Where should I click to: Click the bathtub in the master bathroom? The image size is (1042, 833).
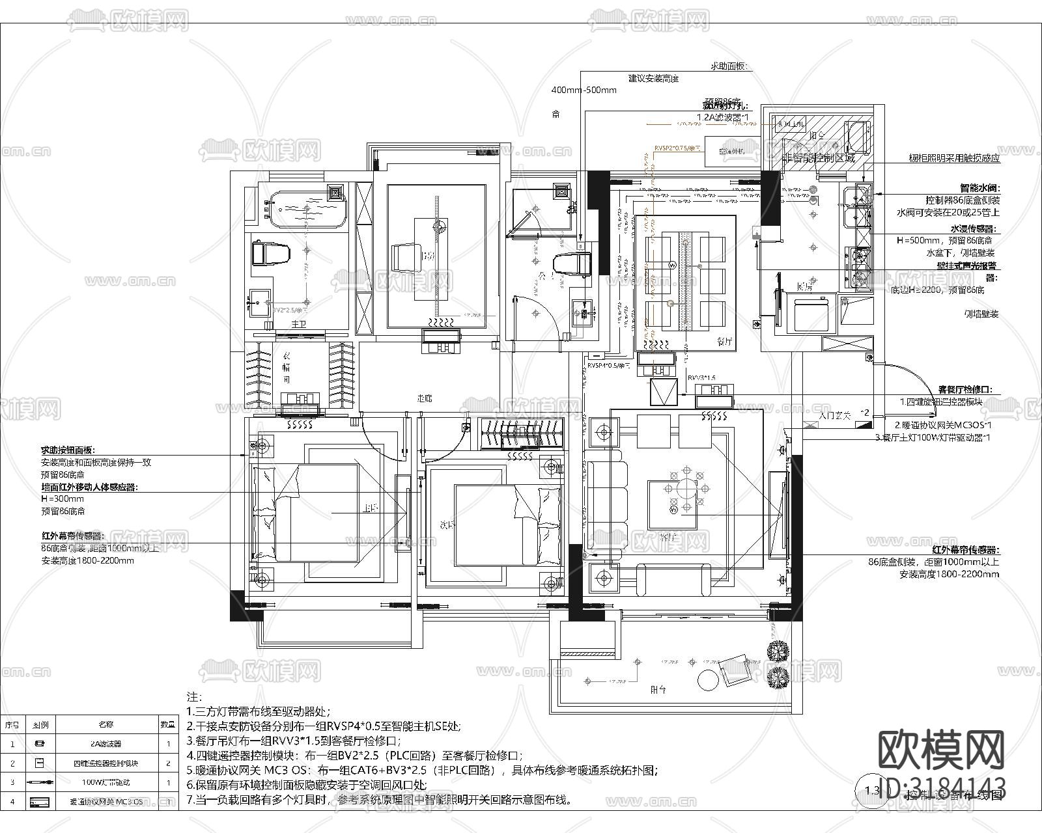pos(303,207)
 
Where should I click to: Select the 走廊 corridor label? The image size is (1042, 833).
pos(425,398)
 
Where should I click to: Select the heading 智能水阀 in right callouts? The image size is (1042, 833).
pos(979,187)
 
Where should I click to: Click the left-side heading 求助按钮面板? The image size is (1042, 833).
pos(68,450)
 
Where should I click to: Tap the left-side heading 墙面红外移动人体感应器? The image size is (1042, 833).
pos(90,487)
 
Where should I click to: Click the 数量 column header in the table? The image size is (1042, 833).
pos(168,724)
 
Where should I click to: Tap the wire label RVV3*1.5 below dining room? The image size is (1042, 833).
pos(702,377)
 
